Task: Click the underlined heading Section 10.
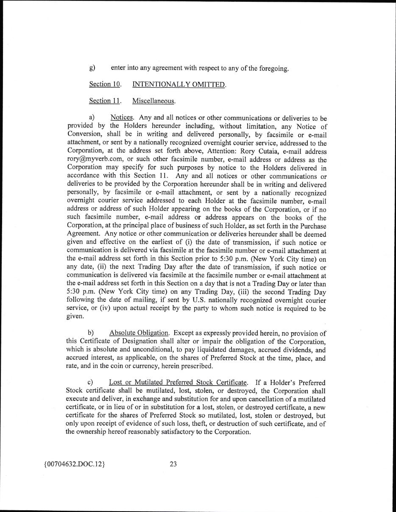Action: pyautogui.click(x=105, y=84)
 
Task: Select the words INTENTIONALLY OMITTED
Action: pyautogui.click(x=179, y=84)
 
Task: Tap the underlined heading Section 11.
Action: pyautogui.click(x=105, y=101)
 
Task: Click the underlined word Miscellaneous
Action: pyautogui.click(x=153, y=101)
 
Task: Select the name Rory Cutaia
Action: pyautogui.click(x=260, y=151)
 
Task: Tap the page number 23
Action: pyautogui.click(x=173, y=464)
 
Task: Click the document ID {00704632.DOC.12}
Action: pyautogui.click(x=74, y=464)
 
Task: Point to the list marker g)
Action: pyautogui.click(x=92, y=68)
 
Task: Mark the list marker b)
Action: pyautogui.click(x=91, y=333)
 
